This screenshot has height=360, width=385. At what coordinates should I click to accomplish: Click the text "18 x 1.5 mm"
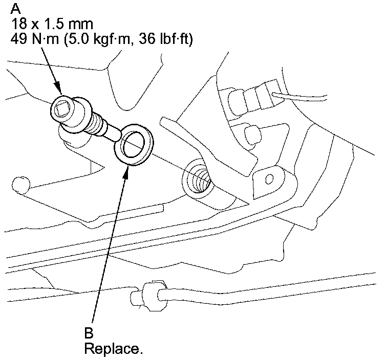(x=46, y=24)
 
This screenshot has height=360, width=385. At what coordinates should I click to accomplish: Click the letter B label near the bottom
(x=89, y=333)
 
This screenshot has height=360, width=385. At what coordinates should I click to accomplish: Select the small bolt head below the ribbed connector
(x=250, y=134)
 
